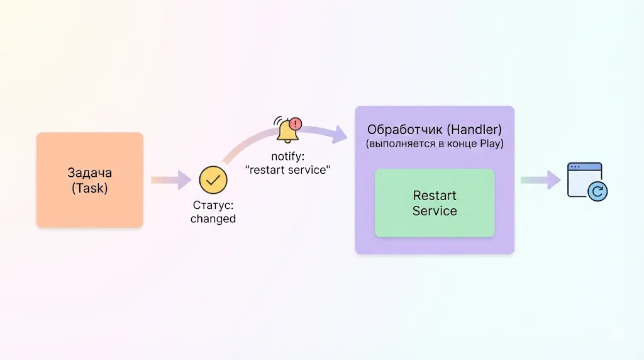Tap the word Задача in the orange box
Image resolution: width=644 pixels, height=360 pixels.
[90, 172]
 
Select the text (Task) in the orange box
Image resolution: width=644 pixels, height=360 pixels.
[90, 187]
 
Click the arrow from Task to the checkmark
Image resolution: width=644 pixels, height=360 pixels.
[170, 180]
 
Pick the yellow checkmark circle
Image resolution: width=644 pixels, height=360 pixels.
[213, 179]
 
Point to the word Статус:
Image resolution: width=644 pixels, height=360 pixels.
[213, 206]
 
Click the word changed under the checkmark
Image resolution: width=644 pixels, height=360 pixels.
[213, 219]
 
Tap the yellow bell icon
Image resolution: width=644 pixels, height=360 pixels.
[287, 131]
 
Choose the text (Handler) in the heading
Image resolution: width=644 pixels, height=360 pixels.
[472, 130]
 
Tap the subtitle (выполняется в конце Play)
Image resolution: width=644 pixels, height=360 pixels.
[435, 144]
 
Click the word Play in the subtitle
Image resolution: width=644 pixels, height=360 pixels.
[492, 144]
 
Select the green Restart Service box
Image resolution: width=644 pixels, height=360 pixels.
[435, 203]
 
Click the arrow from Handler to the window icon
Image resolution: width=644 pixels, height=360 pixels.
[540, 180]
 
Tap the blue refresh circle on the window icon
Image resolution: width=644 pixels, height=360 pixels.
[597, 191]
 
